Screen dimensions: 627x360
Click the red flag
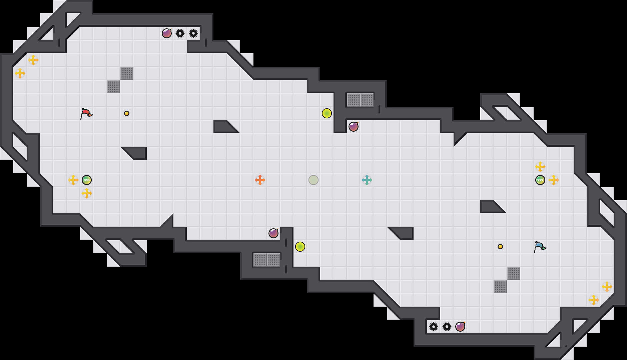(x=86, y=113)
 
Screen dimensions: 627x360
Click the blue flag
(x=540, y=247)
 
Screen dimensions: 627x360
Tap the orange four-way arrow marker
(x=260, y=180)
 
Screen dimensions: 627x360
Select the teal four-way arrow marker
(x=367, y=180)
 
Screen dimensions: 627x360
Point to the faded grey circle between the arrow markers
(x=313, y=180)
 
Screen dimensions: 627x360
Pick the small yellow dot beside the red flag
(x=127, y=113)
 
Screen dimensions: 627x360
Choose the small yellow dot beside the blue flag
(x=500, y=247)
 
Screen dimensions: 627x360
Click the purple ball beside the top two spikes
(x=167, y=33)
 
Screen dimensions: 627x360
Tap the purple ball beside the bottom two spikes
(x=460, y=327)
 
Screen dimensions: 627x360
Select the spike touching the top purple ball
(x=180, y=33)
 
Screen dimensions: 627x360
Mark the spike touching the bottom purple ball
(x=447, y=327)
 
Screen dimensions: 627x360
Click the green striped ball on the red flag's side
(x=87, y=180)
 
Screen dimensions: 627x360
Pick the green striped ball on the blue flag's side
(x=540, y=180)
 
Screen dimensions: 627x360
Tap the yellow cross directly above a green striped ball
(x=540, y=167)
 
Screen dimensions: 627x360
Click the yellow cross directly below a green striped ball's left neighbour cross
(x=87, y=193)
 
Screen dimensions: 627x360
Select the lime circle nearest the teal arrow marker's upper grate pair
(x=327, y=113)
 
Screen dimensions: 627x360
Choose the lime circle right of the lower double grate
(x=300, y=247)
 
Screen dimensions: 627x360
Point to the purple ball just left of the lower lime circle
(x=273, y=233)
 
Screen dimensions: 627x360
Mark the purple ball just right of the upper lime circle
(x=354, y=127)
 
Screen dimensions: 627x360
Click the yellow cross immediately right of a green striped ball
(x=554, y=180)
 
